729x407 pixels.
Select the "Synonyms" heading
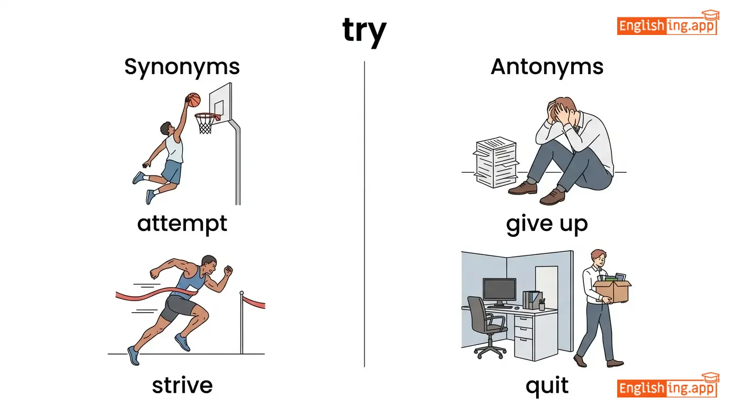pos(182,67)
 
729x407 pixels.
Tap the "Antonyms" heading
pos(547,67)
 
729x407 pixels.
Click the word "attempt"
pos(182,224)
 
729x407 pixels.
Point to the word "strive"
pos(182,385)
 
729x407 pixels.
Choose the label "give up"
pos(547,224)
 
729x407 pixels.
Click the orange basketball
pos(193,100)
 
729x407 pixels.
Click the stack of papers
pos(496,162)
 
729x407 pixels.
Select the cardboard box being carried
pos(612,290)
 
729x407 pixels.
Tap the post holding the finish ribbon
pos(242,322)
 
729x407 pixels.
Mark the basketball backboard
pos(220,102)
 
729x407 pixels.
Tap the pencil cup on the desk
pos(541,305)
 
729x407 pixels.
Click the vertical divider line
pos(364,214)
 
